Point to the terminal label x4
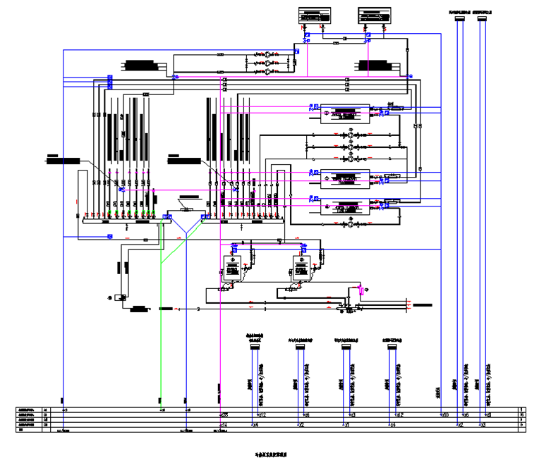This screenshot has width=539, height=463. coord(255,425)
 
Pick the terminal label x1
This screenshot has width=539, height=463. coord(347,425)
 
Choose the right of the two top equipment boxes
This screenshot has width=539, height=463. coord(376,15)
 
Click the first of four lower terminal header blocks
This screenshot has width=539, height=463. coord(255,345)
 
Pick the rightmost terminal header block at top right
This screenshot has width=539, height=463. coord(482,18)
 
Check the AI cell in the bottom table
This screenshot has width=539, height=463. coord(46,419)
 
